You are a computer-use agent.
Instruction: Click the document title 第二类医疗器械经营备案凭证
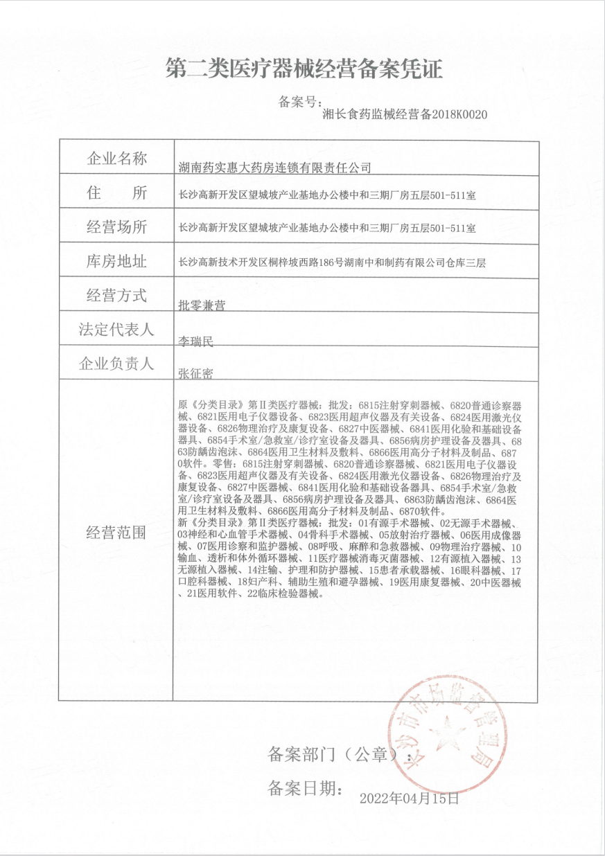click(304, 69)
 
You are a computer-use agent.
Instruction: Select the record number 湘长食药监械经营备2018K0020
click(405, 115)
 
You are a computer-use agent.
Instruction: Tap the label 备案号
click(299, 102)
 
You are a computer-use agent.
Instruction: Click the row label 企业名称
click(116, 158)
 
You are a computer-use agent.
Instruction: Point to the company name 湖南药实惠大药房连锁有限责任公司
click(275, 167)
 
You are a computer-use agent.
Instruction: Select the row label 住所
click(116, 193)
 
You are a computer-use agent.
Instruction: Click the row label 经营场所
click(116, 226)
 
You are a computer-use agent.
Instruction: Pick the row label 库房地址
click(116, 261)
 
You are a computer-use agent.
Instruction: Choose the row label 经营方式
click(116, 295)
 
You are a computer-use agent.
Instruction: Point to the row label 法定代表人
click(116, 330)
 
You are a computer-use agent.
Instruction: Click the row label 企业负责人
click(116, 364)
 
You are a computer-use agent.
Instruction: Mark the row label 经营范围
click(116, 532)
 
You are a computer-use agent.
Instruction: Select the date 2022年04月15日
click(409, 798)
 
